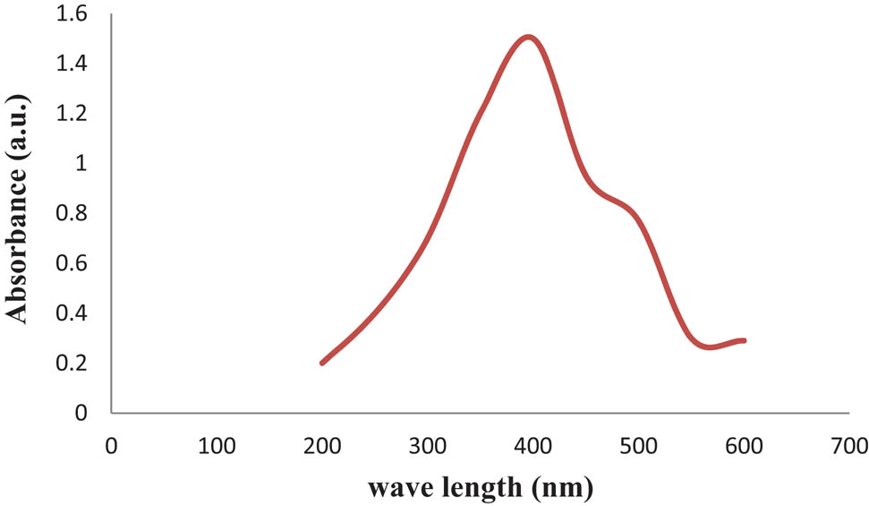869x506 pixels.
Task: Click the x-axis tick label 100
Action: pos(216,445)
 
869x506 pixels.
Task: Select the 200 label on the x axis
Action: pos(321,445)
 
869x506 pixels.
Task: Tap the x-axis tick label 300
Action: pos(427,445)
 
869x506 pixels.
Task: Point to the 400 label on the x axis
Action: pos(532,445)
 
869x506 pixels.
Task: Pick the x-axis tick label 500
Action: pos(638,445)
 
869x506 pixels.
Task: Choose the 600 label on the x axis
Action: pos(744,445)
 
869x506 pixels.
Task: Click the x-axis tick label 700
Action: pos(848,445)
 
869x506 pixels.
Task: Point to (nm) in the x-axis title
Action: pos(565,488)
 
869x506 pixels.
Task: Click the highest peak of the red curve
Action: pos(529,37)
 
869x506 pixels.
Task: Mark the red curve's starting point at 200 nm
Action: pos(322,363)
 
